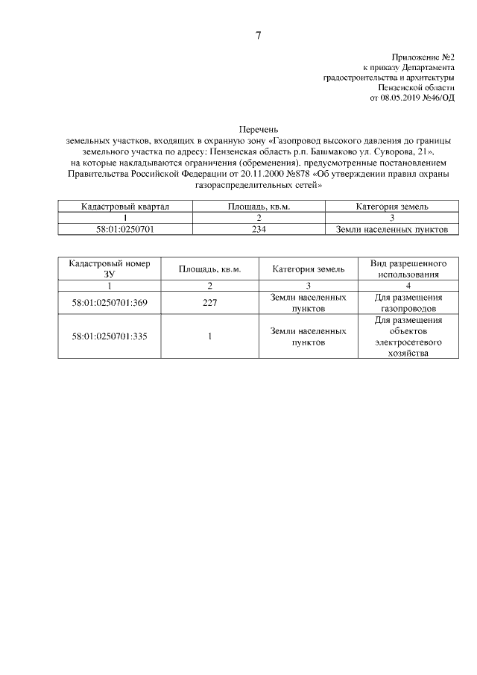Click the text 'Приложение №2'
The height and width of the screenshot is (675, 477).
[x=423, y=57]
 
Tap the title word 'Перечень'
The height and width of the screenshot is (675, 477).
[x=258, y=130]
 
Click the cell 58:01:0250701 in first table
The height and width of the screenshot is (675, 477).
[x=125, y=230]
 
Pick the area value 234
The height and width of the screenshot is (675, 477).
[x=258, y=230]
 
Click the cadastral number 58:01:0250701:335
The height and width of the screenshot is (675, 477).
[x=110, y=336]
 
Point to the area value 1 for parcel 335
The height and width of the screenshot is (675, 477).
[x=209, y=336]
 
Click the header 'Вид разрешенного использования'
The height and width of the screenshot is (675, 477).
[x=408, y=269]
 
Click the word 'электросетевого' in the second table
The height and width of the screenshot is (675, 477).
[x=408, y=342]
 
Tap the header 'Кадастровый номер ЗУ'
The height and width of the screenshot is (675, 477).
[x=110, y=269]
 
